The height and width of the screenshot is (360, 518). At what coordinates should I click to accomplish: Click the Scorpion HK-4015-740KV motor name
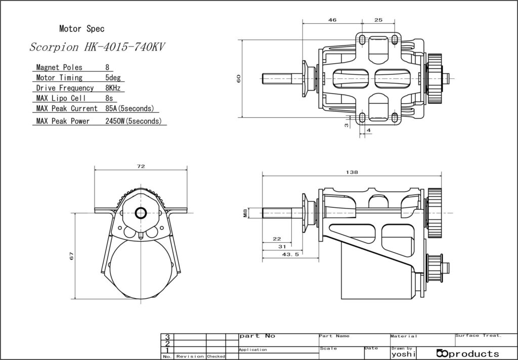(97, 47)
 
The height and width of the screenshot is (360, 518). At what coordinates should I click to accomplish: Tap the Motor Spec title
(82, 29)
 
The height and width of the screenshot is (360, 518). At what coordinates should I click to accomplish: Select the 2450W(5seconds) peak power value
(134, 121)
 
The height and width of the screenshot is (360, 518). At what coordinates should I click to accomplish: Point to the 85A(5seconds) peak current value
(130, 109)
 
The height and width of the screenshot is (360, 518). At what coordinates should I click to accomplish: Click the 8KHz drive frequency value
(113, 88)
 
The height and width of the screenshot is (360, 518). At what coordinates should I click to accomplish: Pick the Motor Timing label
(59, 78)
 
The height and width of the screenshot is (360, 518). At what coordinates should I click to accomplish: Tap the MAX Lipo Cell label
(61, 99)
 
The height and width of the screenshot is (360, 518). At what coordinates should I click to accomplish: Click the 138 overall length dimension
(352, 172)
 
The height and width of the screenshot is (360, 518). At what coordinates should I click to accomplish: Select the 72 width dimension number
(141, 166)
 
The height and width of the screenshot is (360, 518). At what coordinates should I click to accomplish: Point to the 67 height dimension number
(72, 256)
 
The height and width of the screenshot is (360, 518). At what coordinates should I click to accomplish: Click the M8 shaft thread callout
(245, 213)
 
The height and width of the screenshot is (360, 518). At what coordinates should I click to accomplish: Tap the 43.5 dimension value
(291, 254)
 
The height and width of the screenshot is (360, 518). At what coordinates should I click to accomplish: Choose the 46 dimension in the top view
(332, 20)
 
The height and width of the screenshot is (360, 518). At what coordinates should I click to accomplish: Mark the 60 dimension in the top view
(239, 78)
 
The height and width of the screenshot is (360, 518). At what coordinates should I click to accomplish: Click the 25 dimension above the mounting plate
(378, 20)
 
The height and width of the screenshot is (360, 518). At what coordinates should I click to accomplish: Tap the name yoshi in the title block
(403, 354)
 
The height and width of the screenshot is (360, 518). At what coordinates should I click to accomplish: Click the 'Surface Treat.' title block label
(479, 336)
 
